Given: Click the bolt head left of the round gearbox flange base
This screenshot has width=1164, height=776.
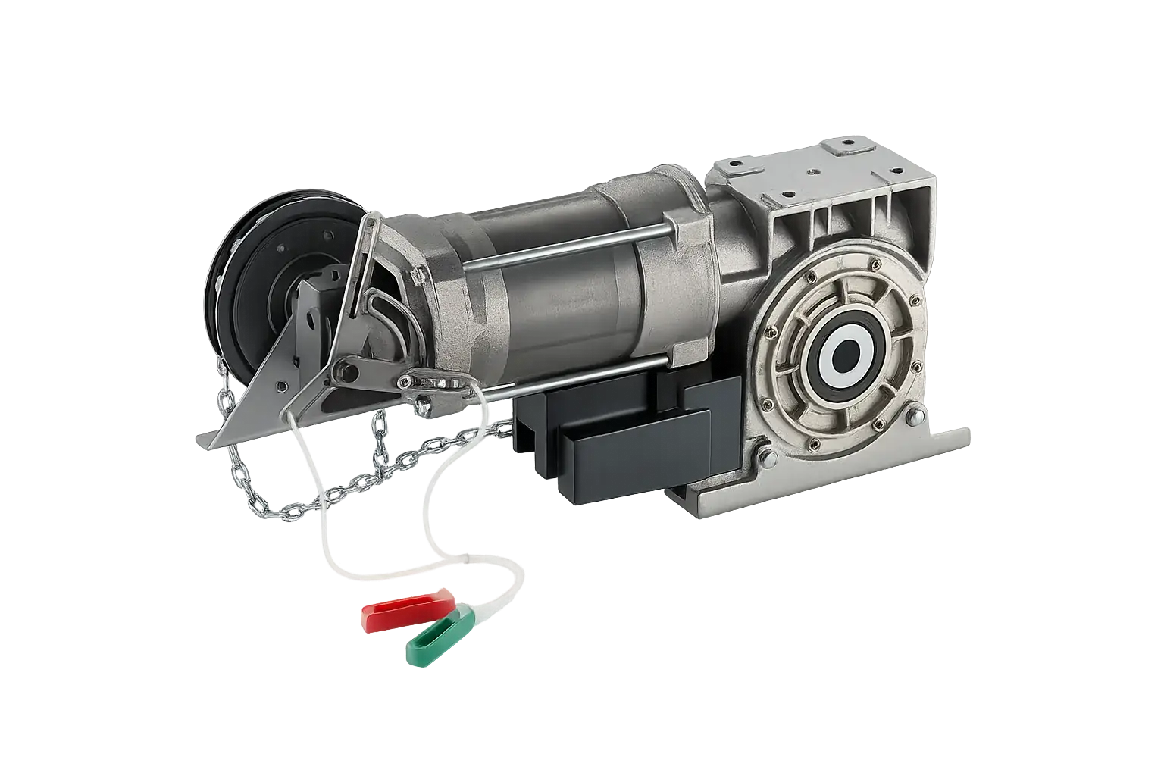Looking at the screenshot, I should coord(765,456).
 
